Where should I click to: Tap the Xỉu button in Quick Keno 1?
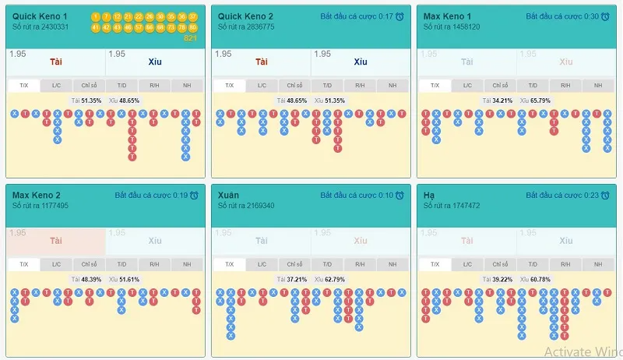[156, 62]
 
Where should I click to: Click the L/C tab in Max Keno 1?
[468, 86]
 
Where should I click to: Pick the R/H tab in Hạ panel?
[565, 265]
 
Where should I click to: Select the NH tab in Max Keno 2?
[186, 265]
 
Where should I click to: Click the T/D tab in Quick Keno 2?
[327, 86]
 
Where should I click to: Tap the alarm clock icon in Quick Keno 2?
[399, 16]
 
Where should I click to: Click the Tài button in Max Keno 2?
[56, 242]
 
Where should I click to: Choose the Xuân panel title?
[229, 195]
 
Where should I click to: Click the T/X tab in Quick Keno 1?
[23, 86]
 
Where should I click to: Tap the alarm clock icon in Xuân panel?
[399, 196]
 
